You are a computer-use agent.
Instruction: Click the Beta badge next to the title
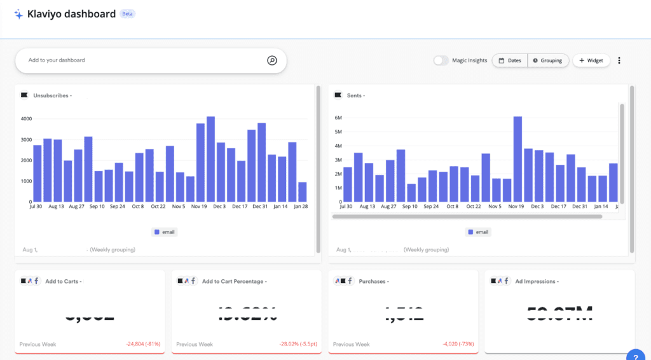[127, 13]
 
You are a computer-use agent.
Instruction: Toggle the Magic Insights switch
[441, 60]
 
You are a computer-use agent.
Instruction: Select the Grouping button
[548, 60]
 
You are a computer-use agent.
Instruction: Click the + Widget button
[591, 60]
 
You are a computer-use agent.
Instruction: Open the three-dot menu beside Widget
[619, 60]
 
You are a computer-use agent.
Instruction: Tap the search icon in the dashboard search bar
[271, 60]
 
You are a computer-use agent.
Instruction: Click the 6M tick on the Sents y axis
[338, 118]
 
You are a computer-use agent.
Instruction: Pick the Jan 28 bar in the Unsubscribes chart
[303, 192]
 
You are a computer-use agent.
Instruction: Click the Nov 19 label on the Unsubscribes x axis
[199, 207]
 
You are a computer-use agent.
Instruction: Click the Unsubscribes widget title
[51, 95]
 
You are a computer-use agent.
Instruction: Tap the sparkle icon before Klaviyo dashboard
[18, 14]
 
